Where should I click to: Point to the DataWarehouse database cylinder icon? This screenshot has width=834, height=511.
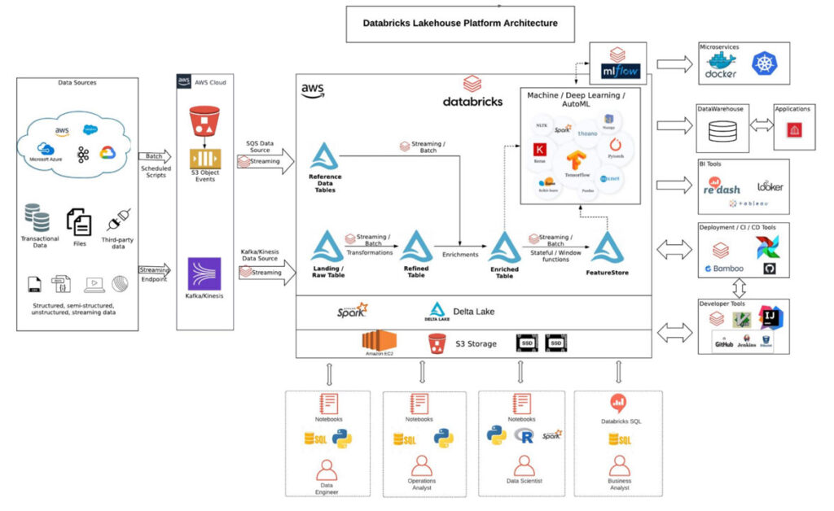point(722,132)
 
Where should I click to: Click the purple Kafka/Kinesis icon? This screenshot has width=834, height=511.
point(204,274)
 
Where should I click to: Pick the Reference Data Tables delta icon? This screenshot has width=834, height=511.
point(325,156)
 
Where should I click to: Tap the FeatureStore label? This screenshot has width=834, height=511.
point(608,273)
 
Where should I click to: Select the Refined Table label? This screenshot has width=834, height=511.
point(415,272)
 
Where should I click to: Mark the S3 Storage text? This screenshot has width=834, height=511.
point(475,344)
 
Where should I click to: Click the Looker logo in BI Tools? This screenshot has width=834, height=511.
point(770,186)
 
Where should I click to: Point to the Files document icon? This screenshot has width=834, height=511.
point(79,221)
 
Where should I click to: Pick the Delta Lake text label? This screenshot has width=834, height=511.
point(474,311)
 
